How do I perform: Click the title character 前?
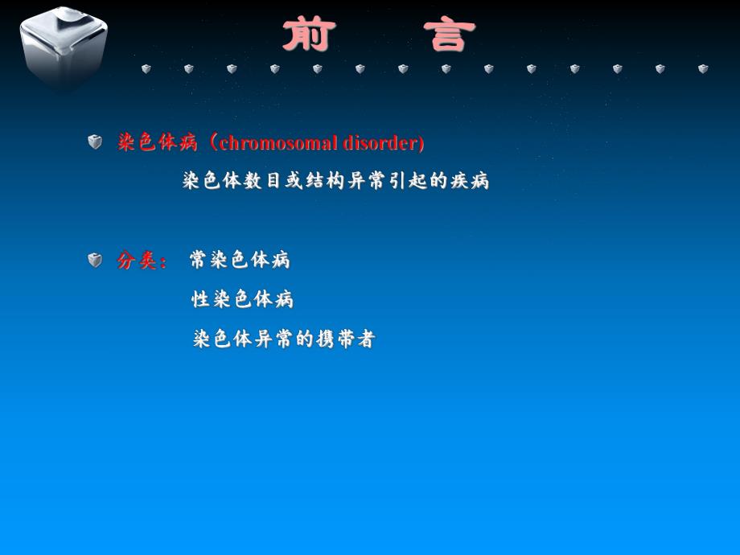coord(309,35)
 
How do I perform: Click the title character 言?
coord(450,35)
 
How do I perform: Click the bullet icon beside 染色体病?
coord(96,142)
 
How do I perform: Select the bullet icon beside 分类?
coord(96,260)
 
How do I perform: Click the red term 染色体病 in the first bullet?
coord(158,143)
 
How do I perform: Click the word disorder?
coord(383,143)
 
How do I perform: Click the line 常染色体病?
coord(240,260)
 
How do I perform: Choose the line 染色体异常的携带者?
coord(284,339)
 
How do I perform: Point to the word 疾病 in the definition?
coord(470,180)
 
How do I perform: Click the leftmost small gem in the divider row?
coord(146,69)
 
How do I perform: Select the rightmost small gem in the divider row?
coord(703,69)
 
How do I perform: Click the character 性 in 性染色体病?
coord(200,299)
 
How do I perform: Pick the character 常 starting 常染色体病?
coord(199,260)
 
